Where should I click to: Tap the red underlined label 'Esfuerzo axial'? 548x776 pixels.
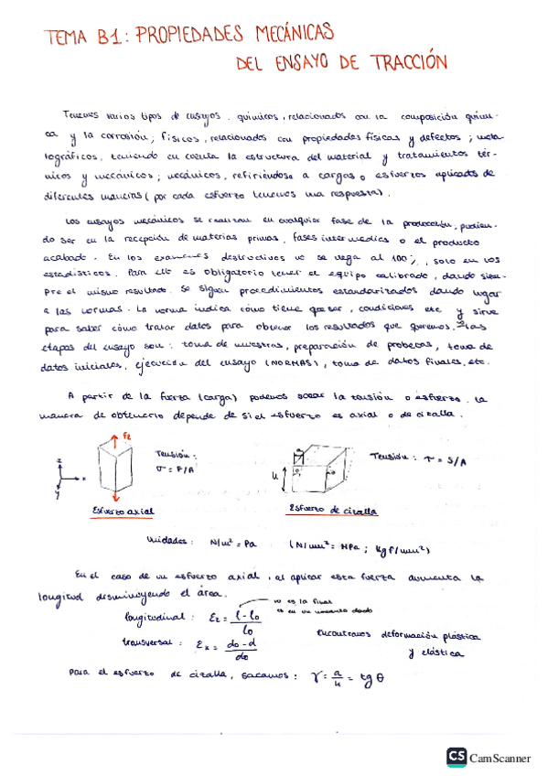point(123,511)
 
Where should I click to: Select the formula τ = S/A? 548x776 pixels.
point(446,458)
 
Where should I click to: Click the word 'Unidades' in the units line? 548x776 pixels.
point(166,543)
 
